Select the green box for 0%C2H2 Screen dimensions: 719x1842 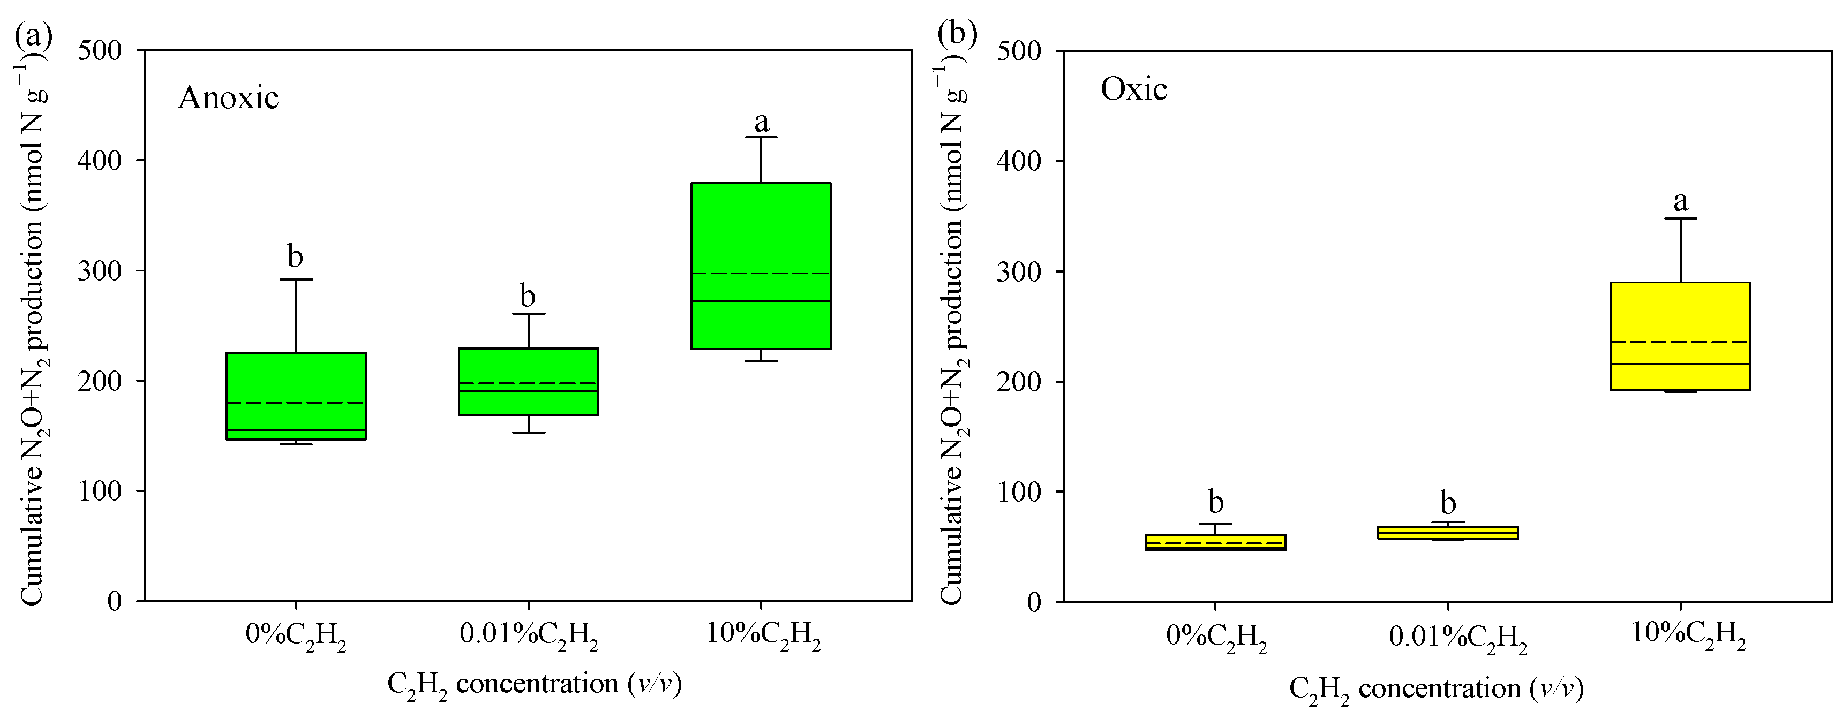point(296,379)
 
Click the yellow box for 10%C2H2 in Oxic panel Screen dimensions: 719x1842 point(1680,314)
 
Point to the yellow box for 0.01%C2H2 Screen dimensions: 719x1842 point(1448,533)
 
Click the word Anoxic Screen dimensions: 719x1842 point(228,98)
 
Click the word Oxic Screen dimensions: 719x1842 point(1133,89)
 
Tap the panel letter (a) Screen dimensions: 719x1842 point(33,34)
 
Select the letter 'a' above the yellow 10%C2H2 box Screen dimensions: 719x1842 point(1680,201)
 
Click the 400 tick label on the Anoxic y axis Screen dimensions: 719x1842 point(100,160)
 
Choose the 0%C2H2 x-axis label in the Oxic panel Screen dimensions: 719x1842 point(1216,637)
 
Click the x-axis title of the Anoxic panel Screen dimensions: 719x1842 point(534,685)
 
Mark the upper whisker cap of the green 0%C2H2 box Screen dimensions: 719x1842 point(296,279)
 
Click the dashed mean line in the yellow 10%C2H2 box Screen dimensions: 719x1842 point(1680,342)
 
